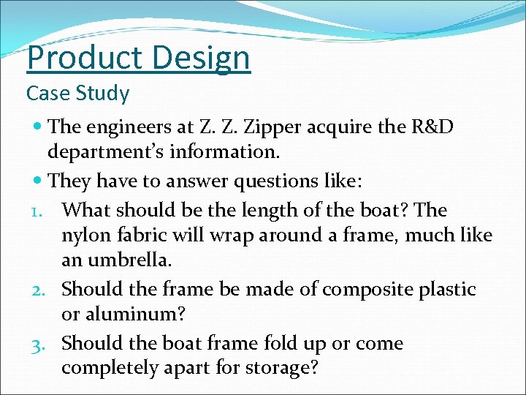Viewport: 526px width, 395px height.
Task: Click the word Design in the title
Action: tap(206, 59)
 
